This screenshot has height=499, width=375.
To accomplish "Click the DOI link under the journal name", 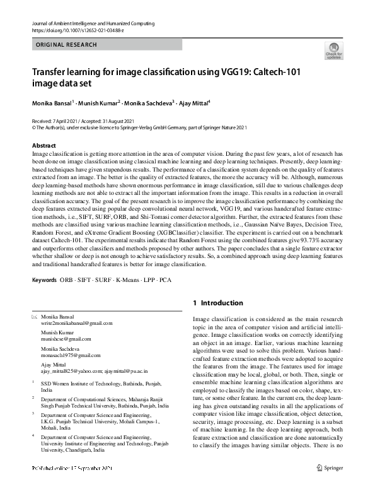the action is [x=74, y=30].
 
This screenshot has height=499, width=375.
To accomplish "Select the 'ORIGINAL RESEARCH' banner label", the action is [x=67, y=45].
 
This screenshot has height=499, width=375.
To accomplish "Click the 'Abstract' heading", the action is [x=43, y=146].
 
